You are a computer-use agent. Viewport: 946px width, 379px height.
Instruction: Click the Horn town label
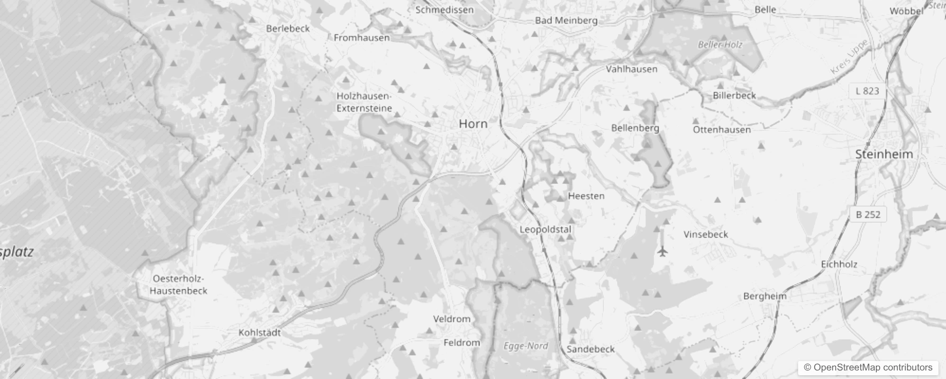click(x=473, y=124)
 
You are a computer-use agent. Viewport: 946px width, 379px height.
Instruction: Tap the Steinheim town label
click(x=884, y=154)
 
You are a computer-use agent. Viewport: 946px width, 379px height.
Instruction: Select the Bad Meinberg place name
click(x=566, y=20)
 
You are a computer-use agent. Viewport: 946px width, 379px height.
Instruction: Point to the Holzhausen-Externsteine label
click(x=364, y=102)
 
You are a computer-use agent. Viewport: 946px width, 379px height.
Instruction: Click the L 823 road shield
click(x=867, y=91)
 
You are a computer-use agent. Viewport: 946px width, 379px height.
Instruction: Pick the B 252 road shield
click(x=868, y=215)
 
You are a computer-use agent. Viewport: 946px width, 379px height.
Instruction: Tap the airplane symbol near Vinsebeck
click(x=663, y=251)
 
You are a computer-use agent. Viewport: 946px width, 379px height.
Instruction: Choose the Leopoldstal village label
click(x=546, y=229)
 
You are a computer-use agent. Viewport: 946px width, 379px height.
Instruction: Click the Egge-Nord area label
click(x=526, y=346)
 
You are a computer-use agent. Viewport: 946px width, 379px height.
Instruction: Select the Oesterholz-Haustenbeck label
click(x=178, y=285)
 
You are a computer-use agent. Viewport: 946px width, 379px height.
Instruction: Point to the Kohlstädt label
click(x=259, y=333)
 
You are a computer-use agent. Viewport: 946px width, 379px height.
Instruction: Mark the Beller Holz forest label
click(x=720, y=45)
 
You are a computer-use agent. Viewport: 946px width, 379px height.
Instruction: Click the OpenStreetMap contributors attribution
click(x=868, y=367)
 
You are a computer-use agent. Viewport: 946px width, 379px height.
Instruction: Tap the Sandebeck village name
click(x=591, y=349)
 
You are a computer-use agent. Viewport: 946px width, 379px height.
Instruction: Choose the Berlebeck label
click(x=288, y=28)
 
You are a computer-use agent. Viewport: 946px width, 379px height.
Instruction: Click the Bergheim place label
click(x=764, y=296)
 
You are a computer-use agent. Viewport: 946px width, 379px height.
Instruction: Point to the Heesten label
click(x=586, y=196)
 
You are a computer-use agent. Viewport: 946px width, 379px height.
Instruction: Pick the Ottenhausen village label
click(x=722, y=129)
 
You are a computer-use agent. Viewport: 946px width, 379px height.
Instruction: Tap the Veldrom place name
click(x=452, y=319)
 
